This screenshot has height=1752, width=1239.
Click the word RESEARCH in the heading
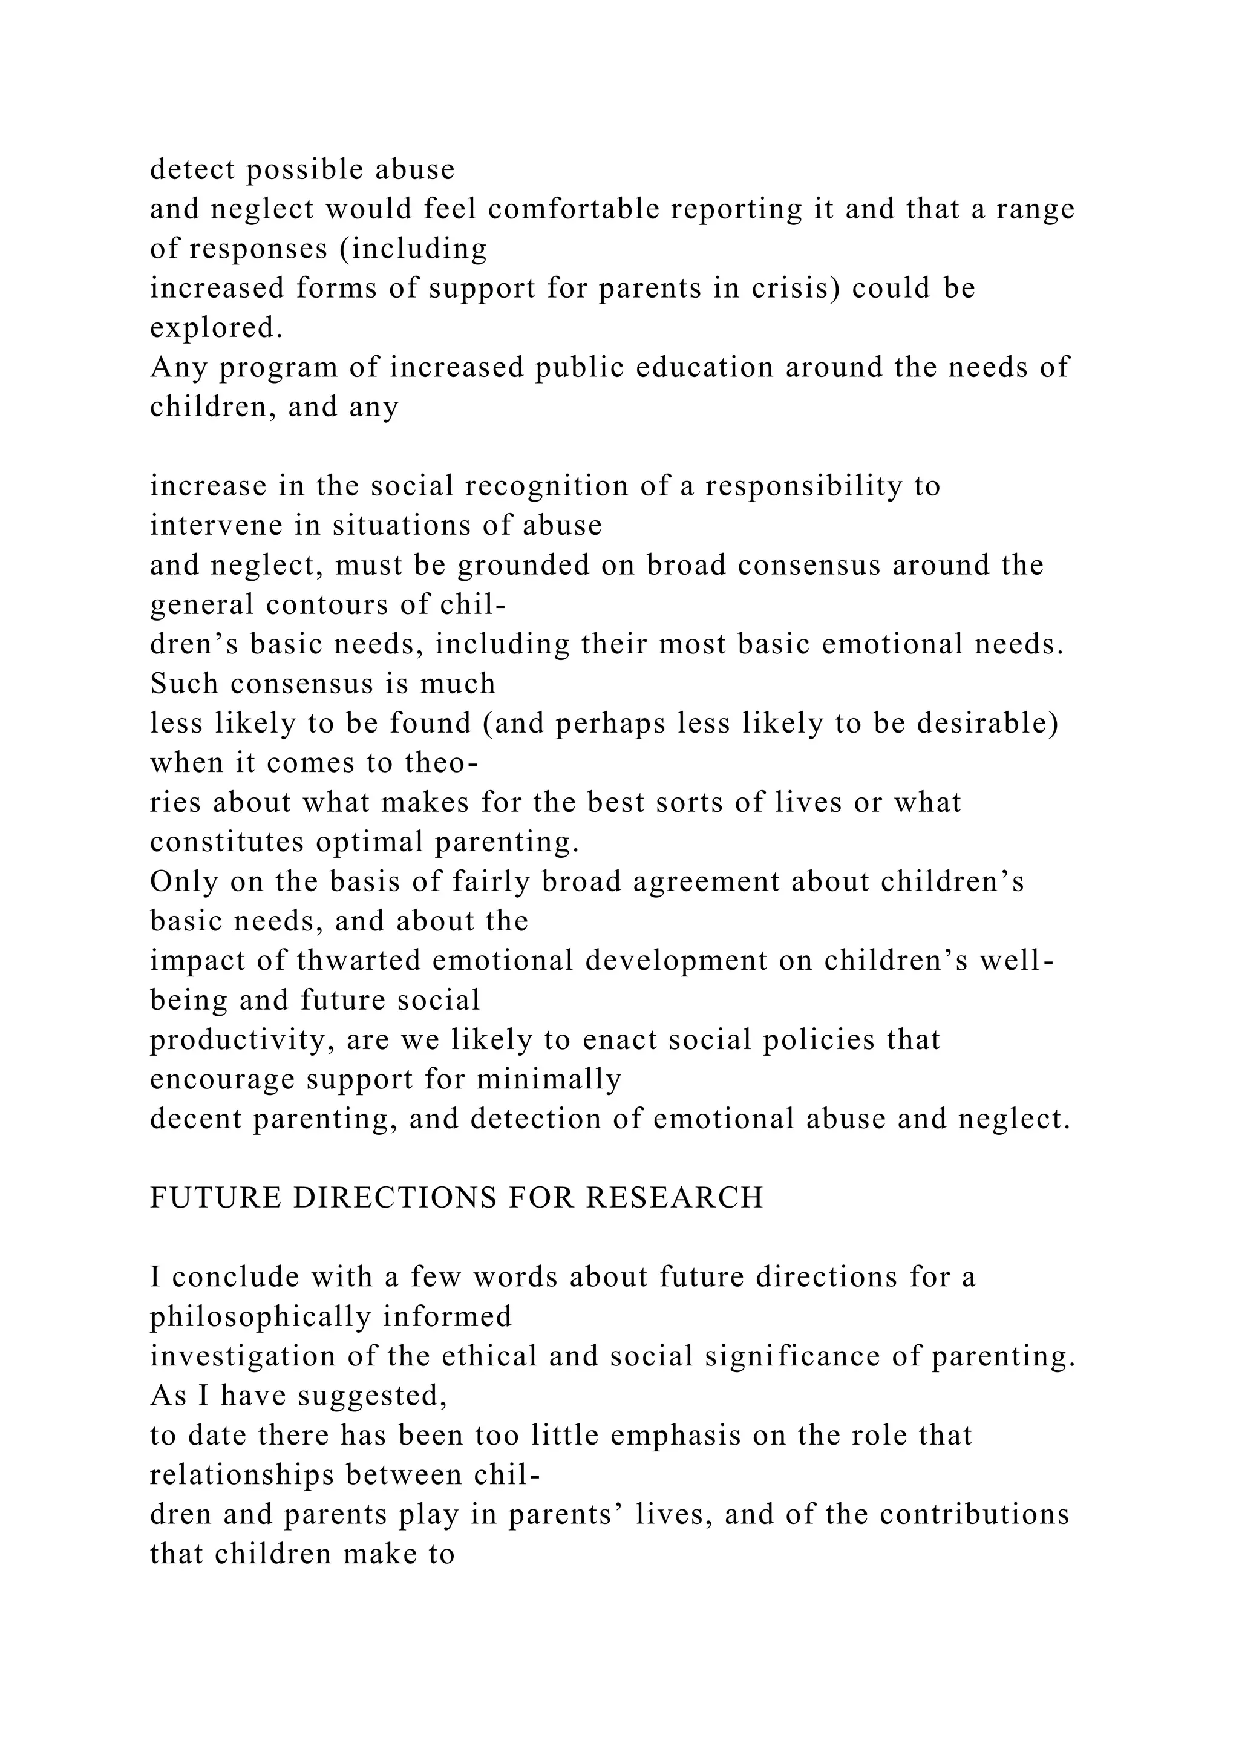click(x=675, y=1197)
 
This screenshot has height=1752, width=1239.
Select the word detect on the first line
click(x=193, y=169)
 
